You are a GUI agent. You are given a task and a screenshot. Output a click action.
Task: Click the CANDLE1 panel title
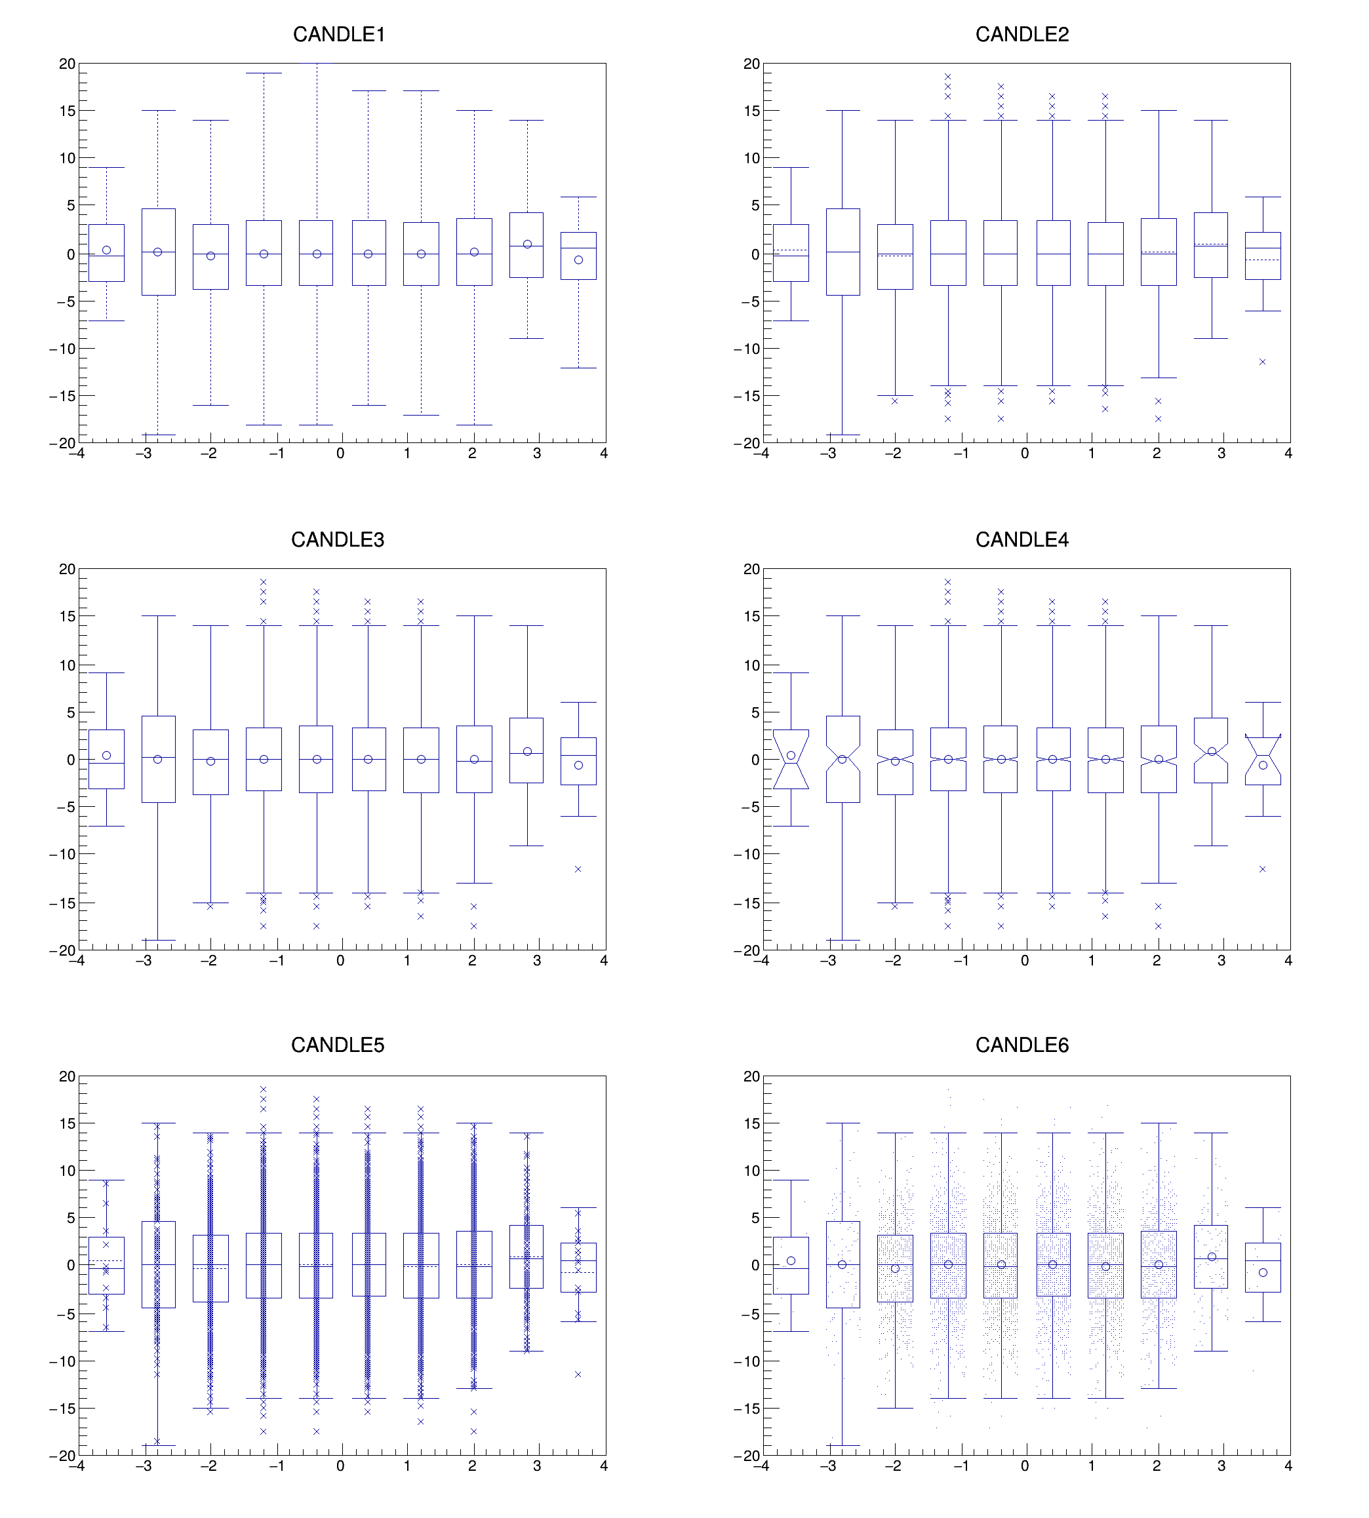pos(338,35)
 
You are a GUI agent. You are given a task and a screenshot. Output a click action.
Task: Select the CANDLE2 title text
pos(1022,35)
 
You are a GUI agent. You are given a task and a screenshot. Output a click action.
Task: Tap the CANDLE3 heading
pos(338,540)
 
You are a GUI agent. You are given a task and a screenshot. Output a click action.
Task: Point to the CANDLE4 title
pos(1022,540)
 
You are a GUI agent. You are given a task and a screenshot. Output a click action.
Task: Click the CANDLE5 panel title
pos(338,1045)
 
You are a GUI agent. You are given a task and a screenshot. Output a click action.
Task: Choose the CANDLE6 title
pos(1022,1045)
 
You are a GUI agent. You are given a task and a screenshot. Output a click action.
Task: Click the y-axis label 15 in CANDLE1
pos(67,111)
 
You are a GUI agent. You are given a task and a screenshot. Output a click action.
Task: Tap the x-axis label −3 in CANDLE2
pos(827,454)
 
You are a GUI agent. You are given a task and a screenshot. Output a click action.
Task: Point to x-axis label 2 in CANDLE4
pos(1156,960)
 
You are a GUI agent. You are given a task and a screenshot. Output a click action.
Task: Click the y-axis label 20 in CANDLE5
pos(67,1077)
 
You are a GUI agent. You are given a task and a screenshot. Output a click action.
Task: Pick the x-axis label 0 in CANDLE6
pos(1025,1466)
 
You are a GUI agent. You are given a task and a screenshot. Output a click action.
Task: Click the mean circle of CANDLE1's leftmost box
pos(106,250)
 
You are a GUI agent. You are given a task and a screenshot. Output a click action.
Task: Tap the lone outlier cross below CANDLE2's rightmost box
pos(1262,362)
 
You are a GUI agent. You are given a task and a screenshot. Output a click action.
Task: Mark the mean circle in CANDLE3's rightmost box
pos(578,766)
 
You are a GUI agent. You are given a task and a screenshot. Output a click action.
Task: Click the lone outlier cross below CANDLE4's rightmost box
pos(1262,869)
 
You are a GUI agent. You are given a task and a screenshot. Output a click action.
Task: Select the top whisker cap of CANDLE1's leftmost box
pos(106,168)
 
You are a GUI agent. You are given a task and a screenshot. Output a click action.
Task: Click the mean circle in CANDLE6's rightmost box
pos(1263,1273)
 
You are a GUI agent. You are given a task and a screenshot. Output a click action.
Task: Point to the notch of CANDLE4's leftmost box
pos(791,763)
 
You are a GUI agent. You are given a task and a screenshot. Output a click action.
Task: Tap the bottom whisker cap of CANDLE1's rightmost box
pos(578,368)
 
